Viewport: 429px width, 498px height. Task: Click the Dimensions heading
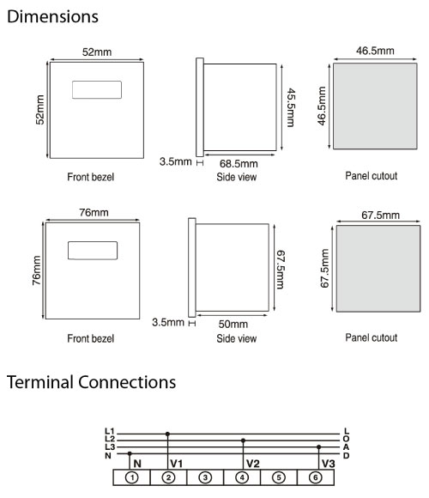tap(52, 16)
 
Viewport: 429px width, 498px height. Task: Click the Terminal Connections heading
tap(91, 382)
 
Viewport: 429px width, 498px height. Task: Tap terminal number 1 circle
tap(131, 477)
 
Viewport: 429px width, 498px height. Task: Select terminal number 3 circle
tap(205, 477)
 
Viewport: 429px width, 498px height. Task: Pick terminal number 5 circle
tap(279, 477)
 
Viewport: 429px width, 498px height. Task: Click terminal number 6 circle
tap(316, 477)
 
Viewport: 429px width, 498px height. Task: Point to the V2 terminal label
tap(253, 464)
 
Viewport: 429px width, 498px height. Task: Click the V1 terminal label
tap(177, 464)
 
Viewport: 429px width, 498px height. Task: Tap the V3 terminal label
tap(329, 464)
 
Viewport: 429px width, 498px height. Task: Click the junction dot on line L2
tap(243, 440)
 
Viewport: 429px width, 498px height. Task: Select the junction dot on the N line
tap(130, 453)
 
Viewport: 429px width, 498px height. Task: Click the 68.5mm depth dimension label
tap(239, 163)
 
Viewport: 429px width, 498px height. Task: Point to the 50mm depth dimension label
tap(233, 324)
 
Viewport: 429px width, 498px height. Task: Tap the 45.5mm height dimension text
tap(291, 107)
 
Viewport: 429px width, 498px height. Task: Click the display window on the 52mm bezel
tap(97, 90)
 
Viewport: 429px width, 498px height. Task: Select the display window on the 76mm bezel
tap(93, 251)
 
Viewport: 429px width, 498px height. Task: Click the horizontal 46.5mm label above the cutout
tap(375, 51)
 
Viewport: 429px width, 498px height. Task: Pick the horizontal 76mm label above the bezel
tap(94, 212)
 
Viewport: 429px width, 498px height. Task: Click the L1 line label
tap(110, 431)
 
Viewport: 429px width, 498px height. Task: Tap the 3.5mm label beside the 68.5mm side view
tap(176, 161)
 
